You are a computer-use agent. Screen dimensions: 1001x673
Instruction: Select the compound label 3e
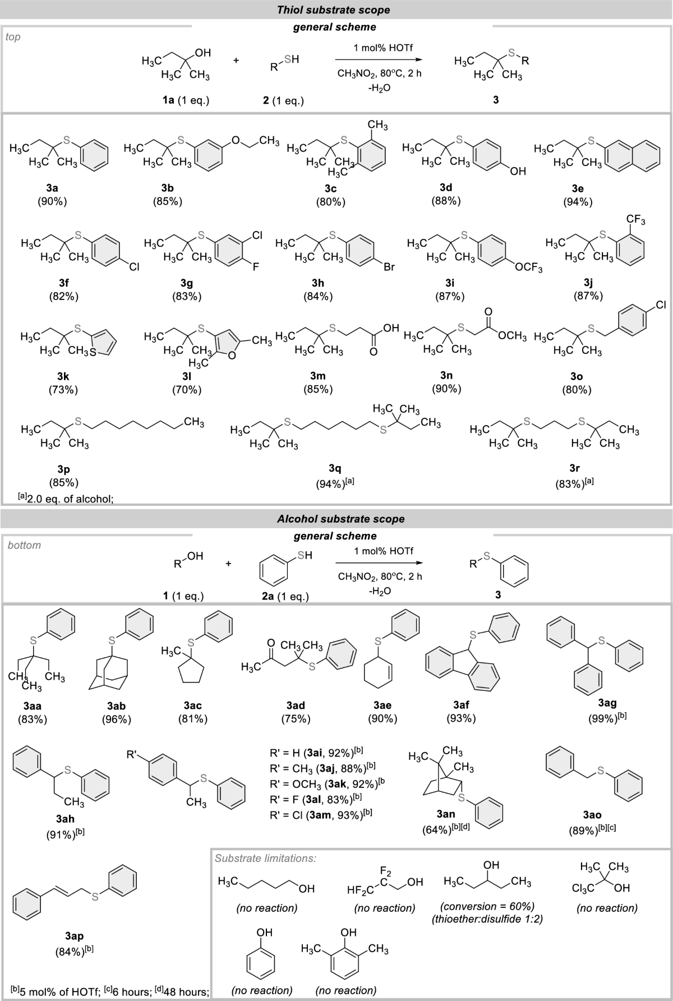point(577,189)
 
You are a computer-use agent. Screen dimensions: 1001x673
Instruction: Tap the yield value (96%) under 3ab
point(116,719)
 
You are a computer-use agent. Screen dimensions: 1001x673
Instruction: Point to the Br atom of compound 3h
point(389,267)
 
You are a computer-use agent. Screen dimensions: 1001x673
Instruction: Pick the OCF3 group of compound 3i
point(529,269)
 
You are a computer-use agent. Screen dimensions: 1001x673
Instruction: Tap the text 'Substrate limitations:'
point(265,857)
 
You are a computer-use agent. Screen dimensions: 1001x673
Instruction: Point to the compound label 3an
point(447,816)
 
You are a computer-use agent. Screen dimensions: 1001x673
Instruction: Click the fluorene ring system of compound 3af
point(462,667)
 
